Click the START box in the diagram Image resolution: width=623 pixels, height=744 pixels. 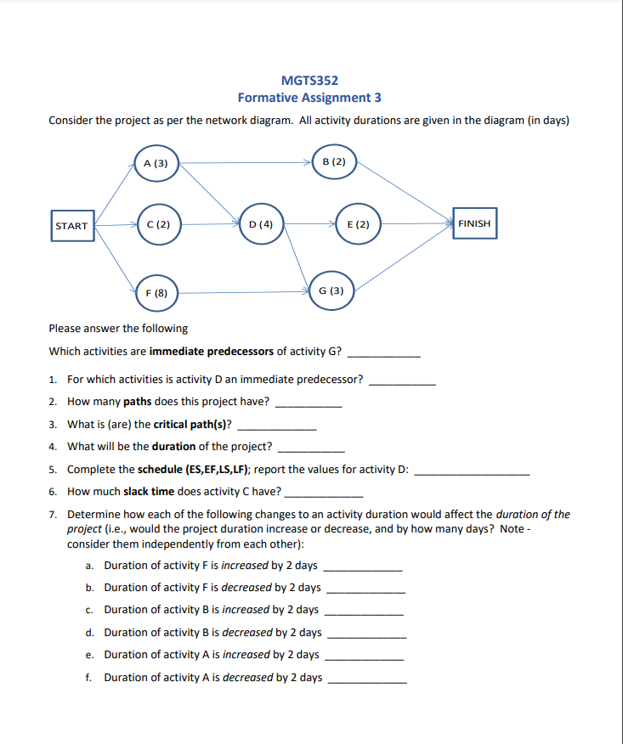tap(71, 225)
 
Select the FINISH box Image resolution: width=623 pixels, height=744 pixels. tap(474, 223)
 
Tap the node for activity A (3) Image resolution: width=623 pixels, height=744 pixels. tap(156, 163)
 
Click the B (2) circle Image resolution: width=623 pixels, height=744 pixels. tap(334, 161)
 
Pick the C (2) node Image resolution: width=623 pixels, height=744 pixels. tap(157, 225)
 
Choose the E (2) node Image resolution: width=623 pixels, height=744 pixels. tap(358, 225)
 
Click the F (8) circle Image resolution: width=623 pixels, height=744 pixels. tap(156, 292)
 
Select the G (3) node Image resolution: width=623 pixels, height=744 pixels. tap(331, 290)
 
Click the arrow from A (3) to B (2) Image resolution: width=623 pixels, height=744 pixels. tap(246, 161)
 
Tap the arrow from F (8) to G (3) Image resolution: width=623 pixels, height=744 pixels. tap(242, 292)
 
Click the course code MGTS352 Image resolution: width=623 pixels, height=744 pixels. tap(309, 81)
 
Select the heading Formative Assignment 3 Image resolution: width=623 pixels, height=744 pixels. tap(309, 98)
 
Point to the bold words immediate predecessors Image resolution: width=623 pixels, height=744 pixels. tap(211, 351)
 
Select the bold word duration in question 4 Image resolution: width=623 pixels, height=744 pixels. tap(175, 446)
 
